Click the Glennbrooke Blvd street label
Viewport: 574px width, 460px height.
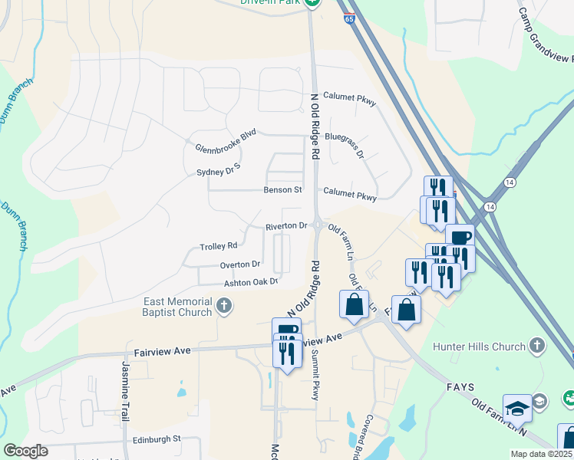[x=225, y=139]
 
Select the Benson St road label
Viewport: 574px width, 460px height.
[x=278, y=189]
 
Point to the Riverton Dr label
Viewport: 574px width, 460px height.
[x=286, y=226]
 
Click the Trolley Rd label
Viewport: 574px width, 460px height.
[x=219, y=246]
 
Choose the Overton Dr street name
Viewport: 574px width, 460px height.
[x=240, y=264]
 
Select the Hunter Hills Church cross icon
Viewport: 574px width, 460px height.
[x=536, y=347]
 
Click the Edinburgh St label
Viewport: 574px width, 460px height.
[x=155, y=439]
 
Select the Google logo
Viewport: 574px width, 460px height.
[x=25, y=450]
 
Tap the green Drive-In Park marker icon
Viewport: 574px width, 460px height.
[x=312, y=3]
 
